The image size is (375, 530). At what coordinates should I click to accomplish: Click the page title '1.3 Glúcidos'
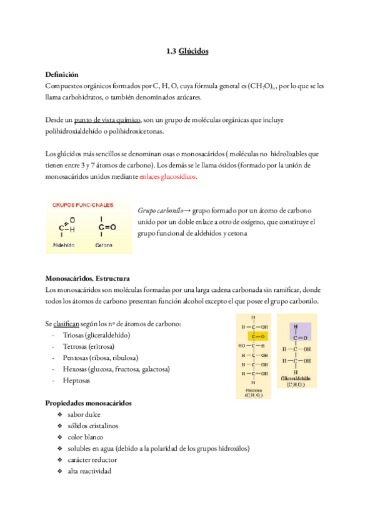187,52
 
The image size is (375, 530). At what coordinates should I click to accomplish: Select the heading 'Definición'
62,74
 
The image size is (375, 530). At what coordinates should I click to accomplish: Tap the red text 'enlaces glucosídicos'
168,177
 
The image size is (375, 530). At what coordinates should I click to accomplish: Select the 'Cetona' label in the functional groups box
104,246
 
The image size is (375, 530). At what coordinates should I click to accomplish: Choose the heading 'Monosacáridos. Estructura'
87,278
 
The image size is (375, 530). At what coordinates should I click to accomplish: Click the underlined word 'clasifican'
66,323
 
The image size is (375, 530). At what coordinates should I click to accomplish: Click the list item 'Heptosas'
76,380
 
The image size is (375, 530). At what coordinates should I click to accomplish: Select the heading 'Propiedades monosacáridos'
88,402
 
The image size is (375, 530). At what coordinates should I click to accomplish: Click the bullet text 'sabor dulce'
84,414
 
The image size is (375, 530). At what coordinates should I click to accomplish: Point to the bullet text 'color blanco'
86,437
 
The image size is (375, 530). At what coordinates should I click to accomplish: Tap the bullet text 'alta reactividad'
89,471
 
